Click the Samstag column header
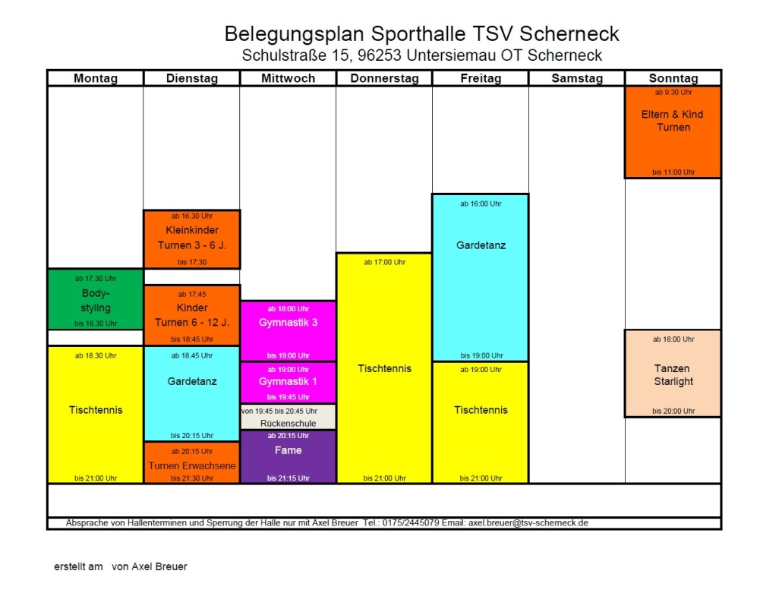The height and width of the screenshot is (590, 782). tap(577, 78)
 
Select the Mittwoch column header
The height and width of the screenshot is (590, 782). tap(289, 78)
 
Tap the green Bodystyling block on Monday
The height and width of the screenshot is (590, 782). tap(96, 299)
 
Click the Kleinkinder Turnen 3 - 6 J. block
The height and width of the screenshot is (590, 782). tap(192, 239)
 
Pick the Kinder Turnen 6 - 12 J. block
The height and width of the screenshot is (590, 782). tap(192, 315)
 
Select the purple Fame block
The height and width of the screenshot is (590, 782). tap(289, 456)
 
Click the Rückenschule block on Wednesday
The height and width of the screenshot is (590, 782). tap(289, 417)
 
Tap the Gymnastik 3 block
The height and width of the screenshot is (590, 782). tap(289, 330)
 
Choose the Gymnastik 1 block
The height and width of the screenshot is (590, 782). tap(289, 383)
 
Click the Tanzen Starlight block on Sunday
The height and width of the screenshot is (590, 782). tap(673, 373)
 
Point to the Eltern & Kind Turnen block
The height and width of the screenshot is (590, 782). tap(673, 132)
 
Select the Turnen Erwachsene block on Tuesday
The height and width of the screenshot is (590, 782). tap(192, 462)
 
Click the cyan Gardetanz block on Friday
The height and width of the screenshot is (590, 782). tap(481, 277)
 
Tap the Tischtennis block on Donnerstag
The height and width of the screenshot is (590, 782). tap(384, 368)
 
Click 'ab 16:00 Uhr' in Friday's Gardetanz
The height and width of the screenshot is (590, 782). tap(481, 204)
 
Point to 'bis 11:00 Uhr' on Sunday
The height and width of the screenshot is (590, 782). tap(673, 172)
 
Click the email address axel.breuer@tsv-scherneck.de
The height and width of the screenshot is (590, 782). tap(528, 522)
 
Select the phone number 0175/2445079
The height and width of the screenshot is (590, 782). tap(411, 522)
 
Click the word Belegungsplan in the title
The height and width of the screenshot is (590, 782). tap(295, 34)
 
